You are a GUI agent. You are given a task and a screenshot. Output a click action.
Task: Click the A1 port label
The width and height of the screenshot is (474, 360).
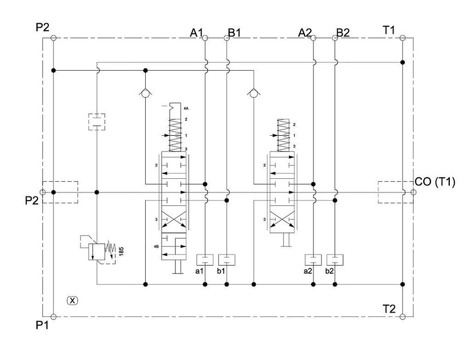point(197,33)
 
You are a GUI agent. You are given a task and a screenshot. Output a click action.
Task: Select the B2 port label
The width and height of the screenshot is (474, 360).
point(343,33)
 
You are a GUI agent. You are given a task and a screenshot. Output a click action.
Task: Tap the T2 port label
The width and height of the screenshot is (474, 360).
point(389,309)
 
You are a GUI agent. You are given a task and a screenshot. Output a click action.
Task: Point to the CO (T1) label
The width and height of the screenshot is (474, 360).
point(435,182)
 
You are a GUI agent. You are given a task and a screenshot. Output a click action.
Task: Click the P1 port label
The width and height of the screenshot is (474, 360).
point(42,325)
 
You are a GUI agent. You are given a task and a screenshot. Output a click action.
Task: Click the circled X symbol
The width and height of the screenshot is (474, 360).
point(72,300)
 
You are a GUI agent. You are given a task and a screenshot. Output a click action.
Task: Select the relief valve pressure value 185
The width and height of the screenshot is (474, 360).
point(121,251)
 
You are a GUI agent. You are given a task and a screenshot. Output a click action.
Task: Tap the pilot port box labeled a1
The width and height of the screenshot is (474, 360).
point(205,260)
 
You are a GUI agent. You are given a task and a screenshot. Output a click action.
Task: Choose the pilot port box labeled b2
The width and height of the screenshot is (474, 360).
point(335,260)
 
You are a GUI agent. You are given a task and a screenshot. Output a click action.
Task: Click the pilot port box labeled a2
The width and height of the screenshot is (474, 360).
point(313,260)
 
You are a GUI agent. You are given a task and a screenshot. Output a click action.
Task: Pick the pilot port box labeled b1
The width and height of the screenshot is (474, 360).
point(227,260)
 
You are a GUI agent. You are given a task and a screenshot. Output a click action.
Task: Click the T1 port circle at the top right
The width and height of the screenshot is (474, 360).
point(402,38)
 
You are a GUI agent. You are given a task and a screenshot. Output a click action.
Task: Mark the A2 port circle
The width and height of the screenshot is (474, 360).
point(313,38)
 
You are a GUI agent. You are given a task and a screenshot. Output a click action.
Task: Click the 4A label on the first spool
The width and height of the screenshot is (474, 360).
point(186,108)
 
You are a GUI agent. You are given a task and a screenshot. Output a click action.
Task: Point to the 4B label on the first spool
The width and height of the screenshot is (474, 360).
point(157,246)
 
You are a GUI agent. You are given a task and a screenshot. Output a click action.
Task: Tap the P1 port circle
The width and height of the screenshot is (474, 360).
point(53,317)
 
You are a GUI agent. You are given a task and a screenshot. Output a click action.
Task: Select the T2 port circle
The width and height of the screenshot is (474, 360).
point(402,317)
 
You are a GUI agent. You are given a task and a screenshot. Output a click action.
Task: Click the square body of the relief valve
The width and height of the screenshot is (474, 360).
point(97,251)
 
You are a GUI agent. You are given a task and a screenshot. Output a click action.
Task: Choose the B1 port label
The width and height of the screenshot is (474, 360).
point(235,33)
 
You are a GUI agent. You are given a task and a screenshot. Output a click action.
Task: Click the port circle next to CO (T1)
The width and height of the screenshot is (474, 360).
point(413,192)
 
